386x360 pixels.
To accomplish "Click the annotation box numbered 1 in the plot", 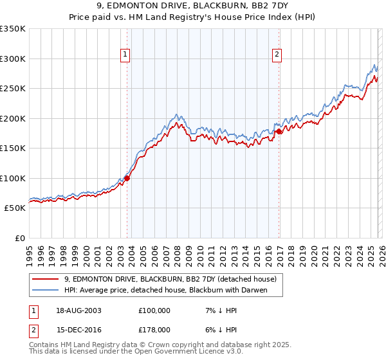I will (x=125, y=55).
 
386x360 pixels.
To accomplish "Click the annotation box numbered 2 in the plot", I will (x=277, y=55).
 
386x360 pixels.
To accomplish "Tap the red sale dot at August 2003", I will (x=127, y=179).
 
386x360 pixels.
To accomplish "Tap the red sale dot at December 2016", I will (x=279, y=132).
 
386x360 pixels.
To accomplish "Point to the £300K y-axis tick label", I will (x=12, y=59).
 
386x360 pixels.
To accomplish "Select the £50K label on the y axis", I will (x=15, y=208).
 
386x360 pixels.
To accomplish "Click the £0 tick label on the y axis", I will (x=19, y=239).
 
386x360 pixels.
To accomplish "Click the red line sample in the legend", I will (x=45, y=279).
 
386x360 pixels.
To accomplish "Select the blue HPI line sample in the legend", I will (x=45, y=290).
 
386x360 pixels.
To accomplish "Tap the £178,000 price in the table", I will (x=154, y=329).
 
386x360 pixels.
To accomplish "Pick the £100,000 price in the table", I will (x=154, y=310).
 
